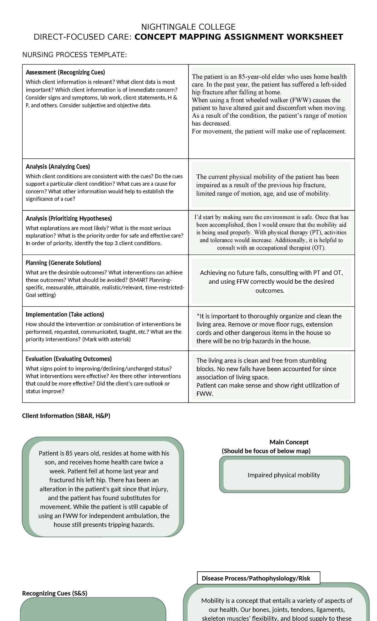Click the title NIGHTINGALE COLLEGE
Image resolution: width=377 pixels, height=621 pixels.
click(x=188, y=27)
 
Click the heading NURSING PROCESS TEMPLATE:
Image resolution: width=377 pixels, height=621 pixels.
click(x=74, y=55)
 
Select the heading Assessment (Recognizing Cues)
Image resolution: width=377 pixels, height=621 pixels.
click(x=65, y=72)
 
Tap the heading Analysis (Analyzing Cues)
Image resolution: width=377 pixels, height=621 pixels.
click(x=58, y=167)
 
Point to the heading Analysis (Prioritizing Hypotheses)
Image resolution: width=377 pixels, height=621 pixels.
click(x=69, y=218)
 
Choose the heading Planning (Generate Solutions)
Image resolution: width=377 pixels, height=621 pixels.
click(x=63, y=263)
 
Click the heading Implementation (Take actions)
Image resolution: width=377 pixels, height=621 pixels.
click(x=65, y=315)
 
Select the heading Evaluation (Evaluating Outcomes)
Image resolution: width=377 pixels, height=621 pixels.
click(x=69, y=359)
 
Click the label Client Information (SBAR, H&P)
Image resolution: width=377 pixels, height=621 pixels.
click(x=66, y=416)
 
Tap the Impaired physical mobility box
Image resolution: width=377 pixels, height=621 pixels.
click(x=284, y=475)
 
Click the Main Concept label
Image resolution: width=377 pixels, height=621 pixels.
click(x=289, y=442)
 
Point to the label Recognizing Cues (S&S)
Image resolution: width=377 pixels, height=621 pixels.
click(x=55, y=593)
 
